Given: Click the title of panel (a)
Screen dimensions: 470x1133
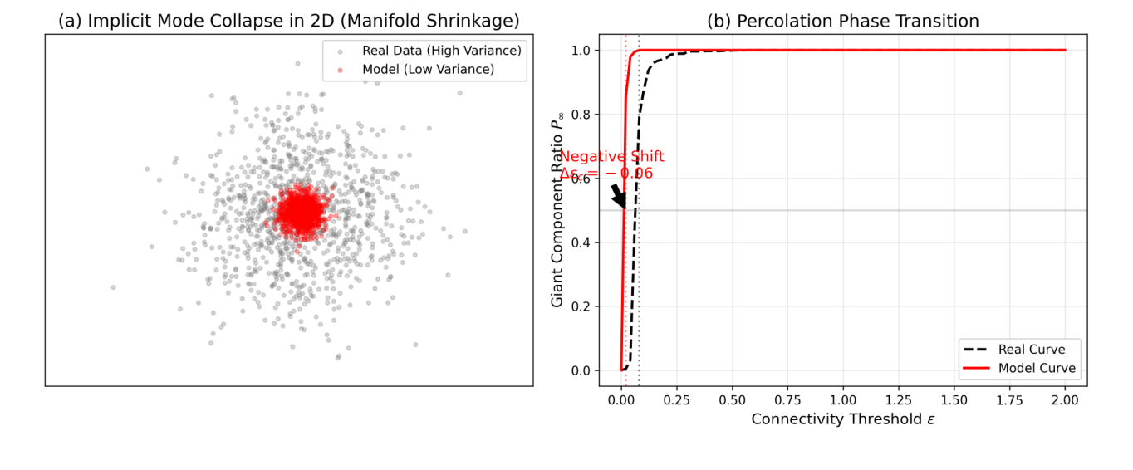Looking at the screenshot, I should click(289, 21).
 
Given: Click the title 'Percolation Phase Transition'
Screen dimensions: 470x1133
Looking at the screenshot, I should click(842, 21).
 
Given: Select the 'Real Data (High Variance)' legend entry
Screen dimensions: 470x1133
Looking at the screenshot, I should click(441, 51).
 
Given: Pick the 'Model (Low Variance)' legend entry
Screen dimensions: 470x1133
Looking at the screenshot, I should click(428, 70).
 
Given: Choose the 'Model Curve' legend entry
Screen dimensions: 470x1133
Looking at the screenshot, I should click(1036, 369).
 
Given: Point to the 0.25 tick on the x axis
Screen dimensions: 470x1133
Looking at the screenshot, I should click(676, 400).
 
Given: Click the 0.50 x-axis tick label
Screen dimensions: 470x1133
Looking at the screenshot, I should click(732, 400).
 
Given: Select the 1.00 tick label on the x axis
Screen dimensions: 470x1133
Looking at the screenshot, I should click(842, 400).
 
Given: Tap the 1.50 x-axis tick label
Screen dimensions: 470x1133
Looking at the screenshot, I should click(954, 400).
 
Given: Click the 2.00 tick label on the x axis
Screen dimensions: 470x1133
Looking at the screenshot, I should click(1064, 400).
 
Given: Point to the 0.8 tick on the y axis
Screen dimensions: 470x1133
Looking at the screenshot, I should click(581, 115).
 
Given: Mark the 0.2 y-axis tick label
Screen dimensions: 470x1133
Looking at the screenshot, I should click(581, 306).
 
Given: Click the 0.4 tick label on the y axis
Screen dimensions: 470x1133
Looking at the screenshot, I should click(581, 242).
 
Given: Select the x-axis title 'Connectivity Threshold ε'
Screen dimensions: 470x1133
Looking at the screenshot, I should click(842, 420).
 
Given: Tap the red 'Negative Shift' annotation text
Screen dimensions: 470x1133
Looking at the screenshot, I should click(611, 157).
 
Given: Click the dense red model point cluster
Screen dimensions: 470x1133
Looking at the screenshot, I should click(301, 212).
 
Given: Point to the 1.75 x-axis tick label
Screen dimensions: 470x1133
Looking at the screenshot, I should click(1008, 400).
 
